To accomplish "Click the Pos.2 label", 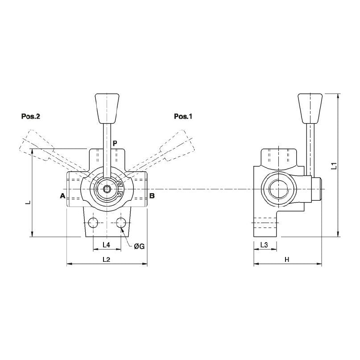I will point(31,117).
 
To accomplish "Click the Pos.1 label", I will point(183,117).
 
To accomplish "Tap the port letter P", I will point(115,143).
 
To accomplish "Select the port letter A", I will point(62,196).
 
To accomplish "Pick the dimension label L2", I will point(106,259).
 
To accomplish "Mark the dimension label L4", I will point(106,245).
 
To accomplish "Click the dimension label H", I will point(287,259).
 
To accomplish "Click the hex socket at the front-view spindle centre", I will point(107,189).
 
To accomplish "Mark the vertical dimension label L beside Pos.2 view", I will point(28,202).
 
